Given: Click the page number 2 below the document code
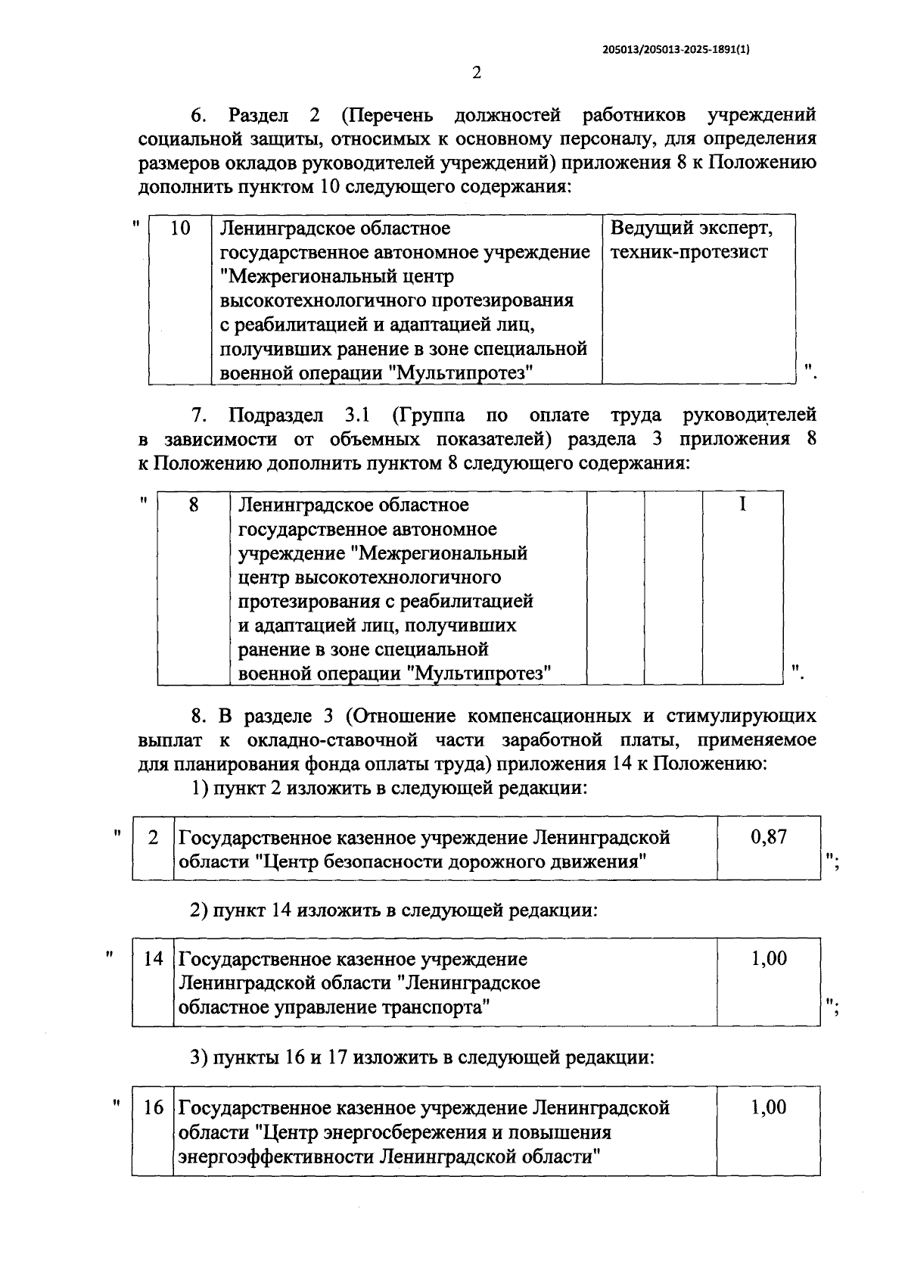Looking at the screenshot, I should (x=476, y=73).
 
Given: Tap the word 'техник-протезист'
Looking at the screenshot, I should (x=689, y=252).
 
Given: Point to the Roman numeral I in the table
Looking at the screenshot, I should (x=742, y=504).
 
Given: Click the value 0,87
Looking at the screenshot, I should (x=768, y=836).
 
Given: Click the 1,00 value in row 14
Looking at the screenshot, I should (x=768, y=958).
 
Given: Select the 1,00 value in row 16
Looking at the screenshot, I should (x=768, y=1107).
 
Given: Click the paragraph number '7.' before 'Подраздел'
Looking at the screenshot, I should (x=199, y=415).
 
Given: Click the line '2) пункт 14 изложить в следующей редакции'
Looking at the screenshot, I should (x=393, y=910).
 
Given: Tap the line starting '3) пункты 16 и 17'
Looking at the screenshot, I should (x=421, y=1057).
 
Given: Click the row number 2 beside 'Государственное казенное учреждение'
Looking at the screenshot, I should (x=154, y=837).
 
